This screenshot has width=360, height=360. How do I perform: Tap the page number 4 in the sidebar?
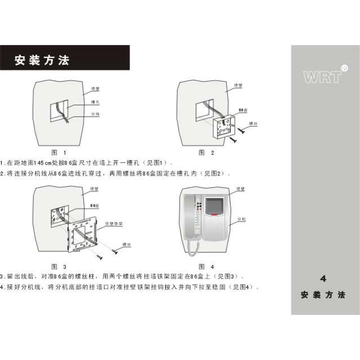323,279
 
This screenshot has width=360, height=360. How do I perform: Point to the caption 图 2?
207,153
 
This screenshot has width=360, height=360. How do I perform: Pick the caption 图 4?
207,266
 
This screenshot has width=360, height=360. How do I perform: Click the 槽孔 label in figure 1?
95,102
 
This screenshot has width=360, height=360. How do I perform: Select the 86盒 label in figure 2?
243,110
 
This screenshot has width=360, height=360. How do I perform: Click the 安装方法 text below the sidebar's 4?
323,296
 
